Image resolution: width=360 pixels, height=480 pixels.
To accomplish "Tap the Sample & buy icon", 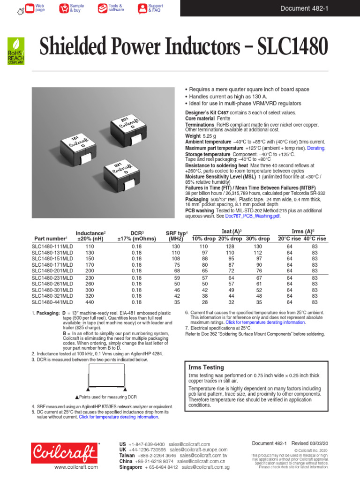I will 64,8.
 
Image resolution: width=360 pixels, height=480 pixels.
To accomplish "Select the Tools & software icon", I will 102,8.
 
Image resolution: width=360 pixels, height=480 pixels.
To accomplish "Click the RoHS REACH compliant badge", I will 15,51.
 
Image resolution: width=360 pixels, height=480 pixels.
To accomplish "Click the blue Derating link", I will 316,148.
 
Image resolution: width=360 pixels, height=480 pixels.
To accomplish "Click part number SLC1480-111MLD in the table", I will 52,246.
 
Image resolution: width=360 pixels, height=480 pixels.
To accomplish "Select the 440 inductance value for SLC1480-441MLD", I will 90,303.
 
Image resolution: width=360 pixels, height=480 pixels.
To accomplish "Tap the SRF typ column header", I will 176,236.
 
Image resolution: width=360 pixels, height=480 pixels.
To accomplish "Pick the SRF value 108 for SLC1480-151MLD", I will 176,258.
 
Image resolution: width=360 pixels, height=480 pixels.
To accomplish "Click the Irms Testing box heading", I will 206,367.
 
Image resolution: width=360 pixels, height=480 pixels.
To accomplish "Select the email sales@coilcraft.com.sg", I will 205,467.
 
